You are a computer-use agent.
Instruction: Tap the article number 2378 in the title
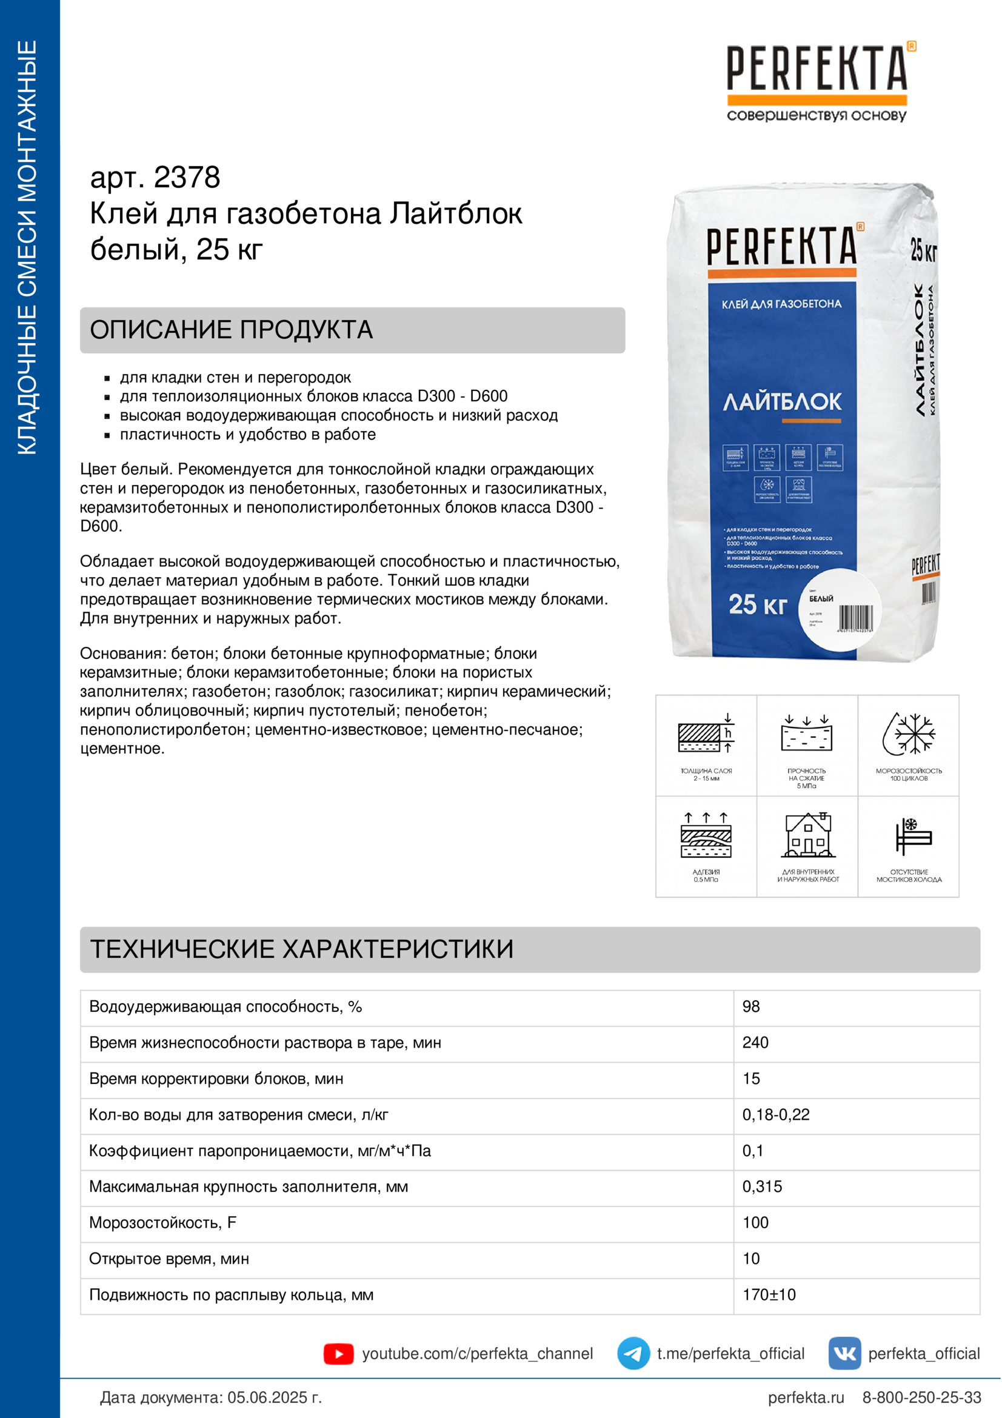point(187,178)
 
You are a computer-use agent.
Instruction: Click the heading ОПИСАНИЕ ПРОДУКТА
point(232,330)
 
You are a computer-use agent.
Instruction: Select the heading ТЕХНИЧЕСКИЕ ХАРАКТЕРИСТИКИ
point(302,949)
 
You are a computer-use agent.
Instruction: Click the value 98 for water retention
point(750,1007)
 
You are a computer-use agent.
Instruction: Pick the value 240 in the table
point(755,1043)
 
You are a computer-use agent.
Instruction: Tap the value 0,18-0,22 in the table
point(775,1115)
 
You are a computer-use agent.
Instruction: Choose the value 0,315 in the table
point(762,1186)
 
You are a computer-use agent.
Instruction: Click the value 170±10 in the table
point(769,1294)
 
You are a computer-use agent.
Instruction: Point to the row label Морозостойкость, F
point(163,1223)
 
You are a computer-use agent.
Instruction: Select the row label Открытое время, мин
point(169,1259)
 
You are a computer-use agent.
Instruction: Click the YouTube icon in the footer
point(338,1354)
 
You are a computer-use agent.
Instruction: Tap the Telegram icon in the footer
point(633,1353)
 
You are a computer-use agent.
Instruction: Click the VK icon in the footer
point(844,1353)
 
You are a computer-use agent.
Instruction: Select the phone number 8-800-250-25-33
point(921,1397)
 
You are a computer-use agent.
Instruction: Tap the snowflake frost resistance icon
point(909,734)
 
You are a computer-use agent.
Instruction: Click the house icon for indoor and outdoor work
point(807,835)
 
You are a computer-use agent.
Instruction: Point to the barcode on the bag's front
point(855,618)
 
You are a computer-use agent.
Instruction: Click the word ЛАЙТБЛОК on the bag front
point(781,402)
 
